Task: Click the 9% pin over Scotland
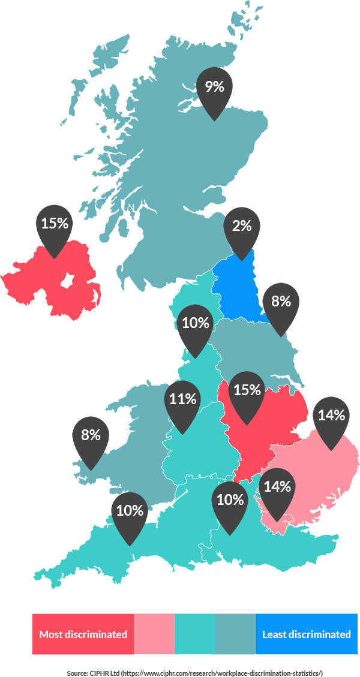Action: click(214, 90)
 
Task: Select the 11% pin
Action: click(182, 401)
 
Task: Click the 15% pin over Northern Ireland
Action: click(55, 226)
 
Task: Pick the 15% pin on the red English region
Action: click(247, 393)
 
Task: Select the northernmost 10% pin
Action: click(195, 326)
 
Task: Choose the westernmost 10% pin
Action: click(130, 513)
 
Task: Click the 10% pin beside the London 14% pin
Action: click(230, 503)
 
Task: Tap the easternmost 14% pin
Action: click(331, 418)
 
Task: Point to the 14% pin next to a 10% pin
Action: click(277, 489)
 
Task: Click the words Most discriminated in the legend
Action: click(83, 634)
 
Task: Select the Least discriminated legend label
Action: click(307, 634)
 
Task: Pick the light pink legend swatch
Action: click(154, 634)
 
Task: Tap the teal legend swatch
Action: click(195, 634)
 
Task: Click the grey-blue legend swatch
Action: click(235, 634)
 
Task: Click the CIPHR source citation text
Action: click(195, 673)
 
